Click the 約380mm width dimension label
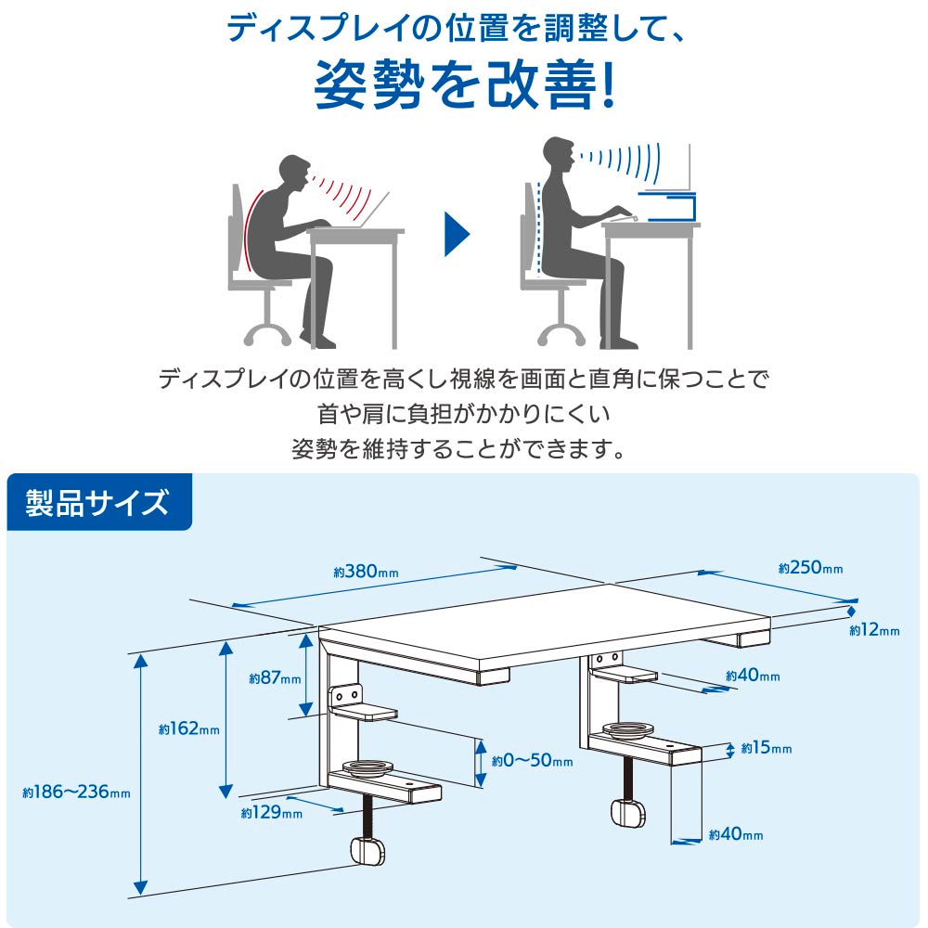click(x=366, y=572)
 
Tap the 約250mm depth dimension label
click(x=810, y=568)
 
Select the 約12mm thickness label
click(x=874, y=631)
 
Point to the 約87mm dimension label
click(x=275, y=678)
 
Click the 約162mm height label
click(x=188, y=729)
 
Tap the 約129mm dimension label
click(x=271, y=814)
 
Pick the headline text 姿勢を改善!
click(x=464, y=87)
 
